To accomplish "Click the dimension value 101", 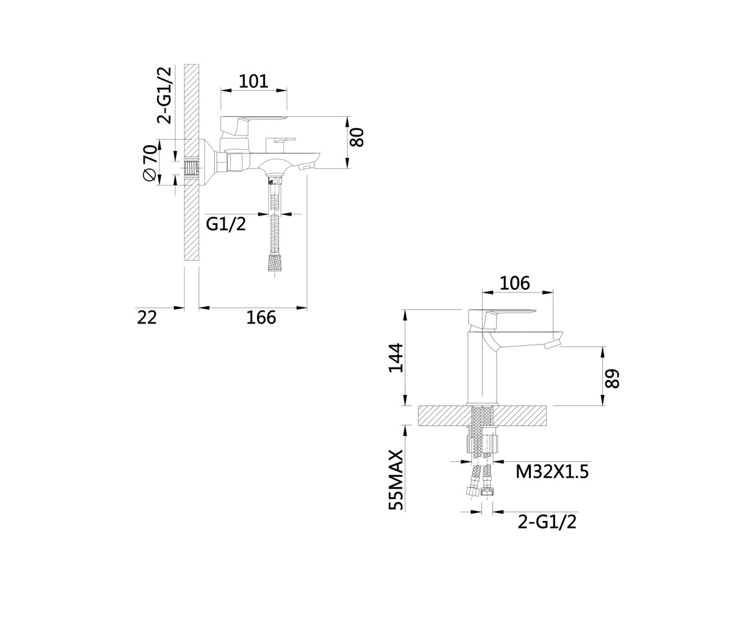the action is pyautogui.click(x=253, y=81).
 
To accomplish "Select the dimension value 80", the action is pyautogui.click(x=356, y=137).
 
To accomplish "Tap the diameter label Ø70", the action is pyautogui.click(x=150, y=163).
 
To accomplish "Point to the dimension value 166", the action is pyautogui.click(x=261, y=317).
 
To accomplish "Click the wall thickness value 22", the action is pyautogui.click(x=147, y=317).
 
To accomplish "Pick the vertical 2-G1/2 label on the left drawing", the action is pyautogui.click(x=165, y=95).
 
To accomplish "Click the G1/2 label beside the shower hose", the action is pyautogui.click(x=226, y=224).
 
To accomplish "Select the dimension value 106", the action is pyautogui.click(x=515, y=283).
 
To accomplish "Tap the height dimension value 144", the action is pyautogui.click(x=395, y=358).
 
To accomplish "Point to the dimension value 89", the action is pyautogui.click(x=613, y=378).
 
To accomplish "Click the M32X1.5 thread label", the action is pyautogui.click(x=552, y=472).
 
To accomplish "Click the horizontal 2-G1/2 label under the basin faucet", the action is pyautogui.click(x=547, y=522).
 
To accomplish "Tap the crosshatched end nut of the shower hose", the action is pyautogui.click(x=275, y=263).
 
